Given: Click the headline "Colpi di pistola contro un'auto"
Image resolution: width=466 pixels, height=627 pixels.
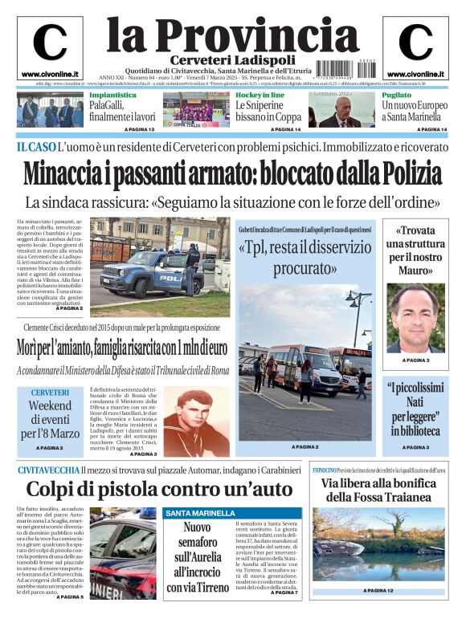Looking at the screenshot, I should (x=159, y=490).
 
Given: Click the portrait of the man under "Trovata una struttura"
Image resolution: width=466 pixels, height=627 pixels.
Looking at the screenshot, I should (x=415, y=317).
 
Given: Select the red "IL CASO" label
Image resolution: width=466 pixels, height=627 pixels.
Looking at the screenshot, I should (x=35, y=148).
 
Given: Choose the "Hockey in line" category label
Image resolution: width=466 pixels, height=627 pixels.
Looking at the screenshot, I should (x=260, y=95).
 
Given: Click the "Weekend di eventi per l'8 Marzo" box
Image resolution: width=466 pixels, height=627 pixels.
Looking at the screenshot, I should (x=50, y=418).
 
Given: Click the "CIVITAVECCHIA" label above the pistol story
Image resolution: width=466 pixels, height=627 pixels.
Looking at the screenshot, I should (x=47, y=469).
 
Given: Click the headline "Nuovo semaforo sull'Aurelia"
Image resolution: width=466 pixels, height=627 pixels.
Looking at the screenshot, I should (x=197, y=558).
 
